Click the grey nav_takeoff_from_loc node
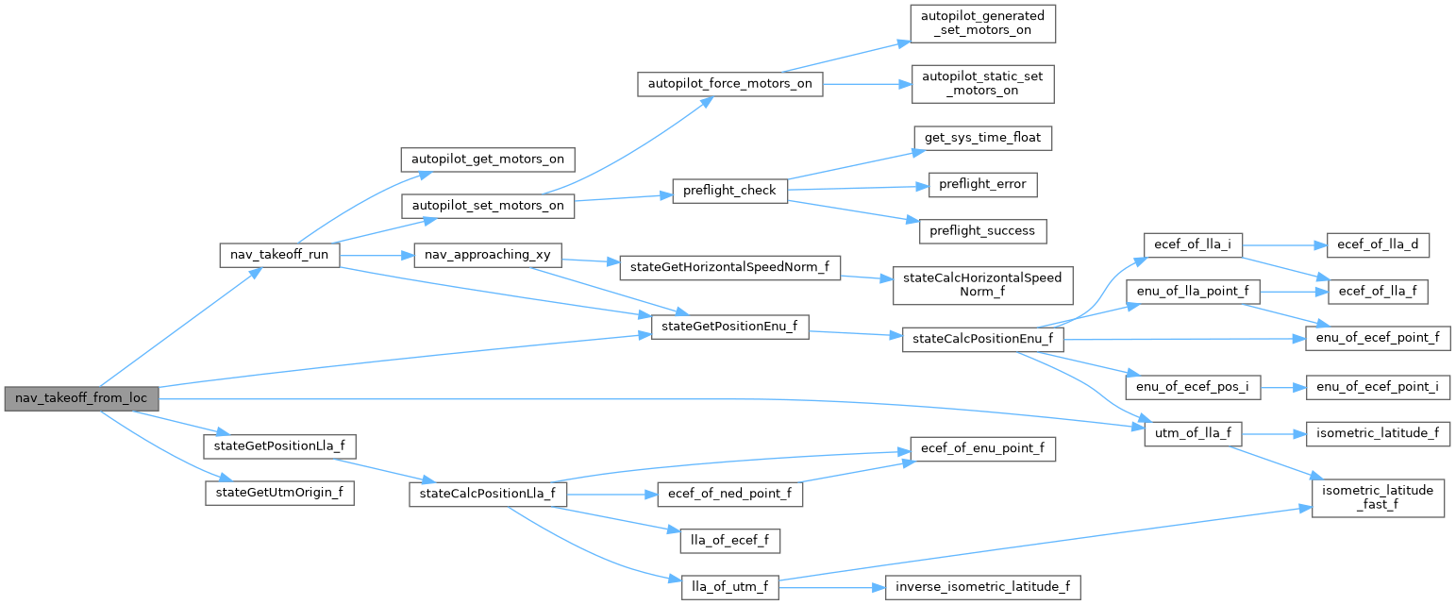click(x=81, y=398)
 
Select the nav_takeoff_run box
click(x=279, y=255)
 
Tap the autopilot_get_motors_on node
click(x=488, y=159)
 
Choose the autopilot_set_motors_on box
click(x=488, y=205)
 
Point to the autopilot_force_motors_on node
click(x=730, y=83)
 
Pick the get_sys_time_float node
click(x=982, y=138)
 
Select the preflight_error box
click(x=982, y=184)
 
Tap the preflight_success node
click(x=982, y=230)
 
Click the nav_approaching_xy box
click(x=488, y=255)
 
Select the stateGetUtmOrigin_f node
click(x=279, y=492)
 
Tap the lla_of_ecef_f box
click(x=730, y=541)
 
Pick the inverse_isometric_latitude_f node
click(x=982, y=587)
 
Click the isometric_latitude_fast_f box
click(x=1378, y=497)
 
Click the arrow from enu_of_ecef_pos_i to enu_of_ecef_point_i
click(x=1283, y=388)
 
